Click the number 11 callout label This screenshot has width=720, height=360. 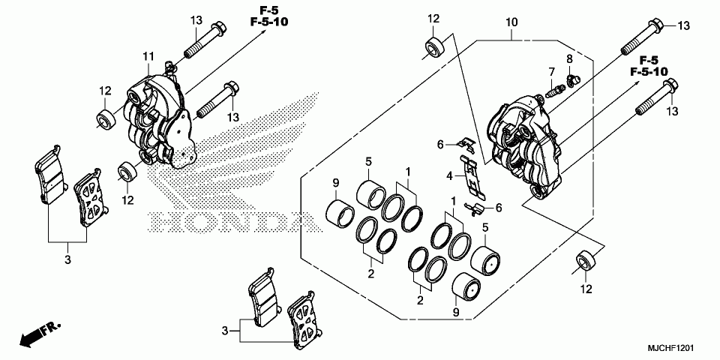(148, 56)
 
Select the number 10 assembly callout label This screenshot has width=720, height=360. (510, 22)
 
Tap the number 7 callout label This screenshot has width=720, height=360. (551, 72)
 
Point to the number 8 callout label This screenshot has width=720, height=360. (569, 58)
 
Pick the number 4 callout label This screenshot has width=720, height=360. (450, 176)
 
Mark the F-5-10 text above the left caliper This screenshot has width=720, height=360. (268, 22)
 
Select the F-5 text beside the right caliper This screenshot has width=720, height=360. (649, 59)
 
